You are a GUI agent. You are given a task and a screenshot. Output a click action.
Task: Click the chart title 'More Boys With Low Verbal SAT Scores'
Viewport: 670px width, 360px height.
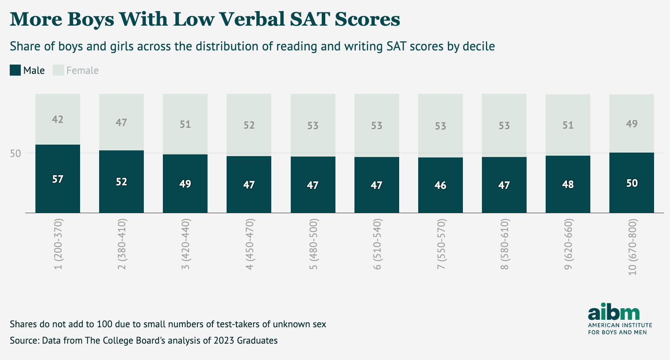pos(204,19)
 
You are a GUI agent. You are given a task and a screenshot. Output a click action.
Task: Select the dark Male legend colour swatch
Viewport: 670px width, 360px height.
pos(15,70)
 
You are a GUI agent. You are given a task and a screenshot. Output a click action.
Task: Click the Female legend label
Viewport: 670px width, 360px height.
pos(82,70)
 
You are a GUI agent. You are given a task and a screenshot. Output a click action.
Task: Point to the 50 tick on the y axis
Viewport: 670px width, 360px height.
pos(16,153)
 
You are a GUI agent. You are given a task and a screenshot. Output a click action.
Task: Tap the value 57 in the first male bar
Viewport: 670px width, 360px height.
pos(58,179)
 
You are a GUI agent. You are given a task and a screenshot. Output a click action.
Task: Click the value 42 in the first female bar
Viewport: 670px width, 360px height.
pos(58,119)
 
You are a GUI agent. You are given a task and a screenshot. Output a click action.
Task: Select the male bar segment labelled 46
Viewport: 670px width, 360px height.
pos(440,185)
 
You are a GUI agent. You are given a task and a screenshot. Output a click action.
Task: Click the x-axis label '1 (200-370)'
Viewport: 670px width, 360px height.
pos(58,244)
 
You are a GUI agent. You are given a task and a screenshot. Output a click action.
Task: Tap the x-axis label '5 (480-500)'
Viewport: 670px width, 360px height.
pos(313,244)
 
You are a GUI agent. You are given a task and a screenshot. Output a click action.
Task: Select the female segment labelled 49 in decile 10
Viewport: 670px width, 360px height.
pos(631,123)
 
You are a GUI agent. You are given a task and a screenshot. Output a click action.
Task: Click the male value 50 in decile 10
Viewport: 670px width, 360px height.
pos(631,183)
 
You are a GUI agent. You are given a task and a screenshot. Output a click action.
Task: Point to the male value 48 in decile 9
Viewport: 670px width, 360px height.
pos(568,184)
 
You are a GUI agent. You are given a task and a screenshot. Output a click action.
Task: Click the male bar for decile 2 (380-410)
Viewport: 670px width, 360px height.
pos(121,182)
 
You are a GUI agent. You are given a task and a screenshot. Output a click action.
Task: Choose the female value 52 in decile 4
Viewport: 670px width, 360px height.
pos(249,125)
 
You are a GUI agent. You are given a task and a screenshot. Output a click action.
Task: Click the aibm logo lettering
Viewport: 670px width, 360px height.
pos(613,312)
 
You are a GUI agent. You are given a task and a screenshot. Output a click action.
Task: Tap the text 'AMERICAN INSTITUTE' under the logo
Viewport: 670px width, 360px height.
pos(620,325)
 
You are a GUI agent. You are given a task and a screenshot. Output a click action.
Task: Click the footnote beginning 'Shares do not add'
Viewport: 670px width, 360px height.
pos(168,324)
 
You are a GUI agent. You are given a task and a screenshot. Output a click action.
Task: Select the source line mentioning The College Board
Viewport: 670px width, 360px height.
pos(143,341)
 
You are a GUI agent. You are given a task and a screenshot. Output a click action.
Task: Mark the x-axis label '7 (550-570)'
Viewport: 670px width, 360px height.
pos(440,244)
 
